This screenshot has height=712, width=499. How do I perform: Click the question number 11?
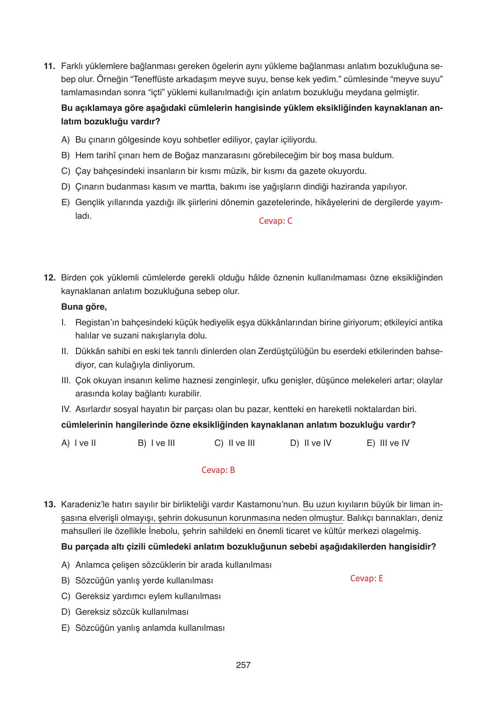tap(49, 66)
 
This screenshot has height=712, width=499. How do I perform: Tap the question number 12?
tap(49, 278)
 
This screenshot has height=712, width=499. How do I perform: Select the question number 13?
tap(49, 505)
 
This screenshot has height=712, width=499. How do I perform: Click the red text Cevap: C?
tap(275, 221)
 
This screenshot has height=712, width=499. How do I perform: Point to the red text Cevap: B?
tap(218, 470)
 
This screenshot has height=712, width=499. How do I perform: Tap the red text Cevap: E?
tap(366, 578)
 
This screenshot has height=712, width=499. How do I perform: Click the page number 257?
tap(243, 665)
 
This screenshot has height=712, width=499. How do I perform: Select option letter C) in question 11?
tap(65, 171)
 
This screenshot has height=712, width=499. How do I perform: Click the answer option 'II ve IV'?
tap(317, 443)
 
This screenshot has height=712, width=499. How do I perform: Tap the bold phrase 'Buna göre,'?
tap(84, 307)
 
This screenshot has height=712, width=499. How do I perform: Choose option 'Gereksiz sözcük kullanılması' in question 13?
tap(131, 612)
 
